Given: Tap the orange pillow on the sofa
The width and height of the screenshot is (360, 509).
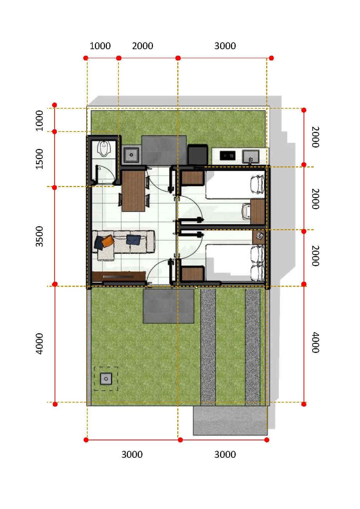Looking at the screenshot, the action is tap(107, 241).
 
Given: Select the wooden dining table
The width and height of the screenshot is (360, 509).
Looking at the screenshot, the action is tap(133, 191).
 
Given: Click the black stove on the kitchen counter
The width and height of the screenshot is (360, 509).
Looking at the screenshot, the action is tap(227, 156).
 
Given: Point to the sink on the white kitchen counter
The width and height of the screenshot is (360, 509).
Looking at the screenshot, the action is tap(250, 156).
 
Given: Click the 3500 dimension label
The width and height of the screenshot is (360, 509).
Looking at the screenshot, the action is tap(39, 236).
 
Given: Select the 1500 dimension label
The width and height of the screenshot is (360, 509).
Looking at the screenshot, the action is tap(39, 159).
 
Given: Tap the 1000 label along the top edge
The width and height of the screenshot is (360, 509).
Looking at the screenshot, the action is tap(100, 46).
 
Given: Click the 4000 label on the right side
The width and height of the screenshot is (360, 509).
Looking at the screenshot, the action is tap(316, 342).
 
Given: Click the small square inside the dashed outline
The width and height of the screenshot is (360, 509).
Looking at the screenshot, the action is tap(106, 379).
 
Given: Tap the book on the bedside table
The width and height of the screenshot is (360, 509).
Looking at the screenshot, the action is tap(259, 236).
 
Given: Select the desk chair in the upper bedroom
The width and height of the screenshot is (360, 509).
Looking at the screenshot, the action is tap(246, 211).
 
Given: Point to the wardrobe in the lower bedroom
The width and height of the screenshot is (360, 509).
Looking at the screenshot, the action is tap(193, 274).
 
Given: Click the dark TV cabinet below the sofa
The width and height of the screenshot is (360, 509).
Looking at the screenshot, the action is tap(118, 277).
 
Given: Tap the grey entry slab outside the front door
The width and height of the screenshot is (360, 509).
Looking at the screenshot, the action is tap(168, 306).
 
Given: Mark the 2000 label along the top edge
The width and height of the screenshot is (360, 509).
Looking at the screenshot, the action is tap(142, 46).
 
